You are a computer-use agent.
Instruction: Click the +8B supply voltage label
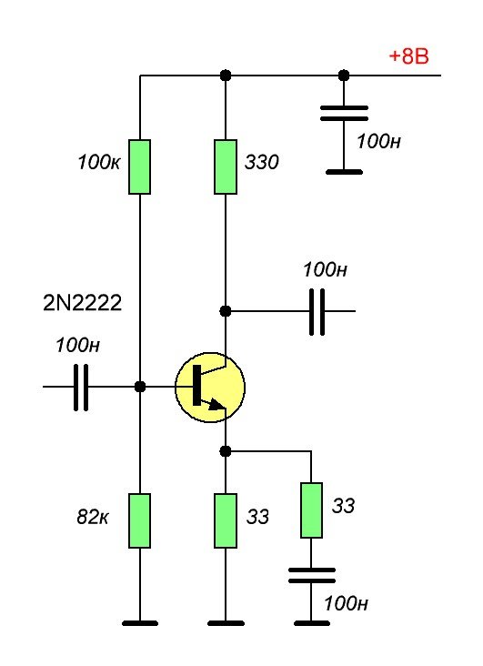pyautogui.click(x=408, y=56)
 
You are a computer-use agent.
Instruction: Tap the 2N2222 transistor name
pyautogui.click(x=83, y=303)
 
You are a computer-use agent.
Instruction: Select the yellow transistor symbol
pyautogui.click(x=210, y=387)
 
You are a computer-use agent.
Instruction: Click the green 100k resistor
pyautogui.click(x=140, y=166)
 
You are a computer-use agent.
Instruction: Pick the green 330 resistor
pyautogui.click(x=226, y=166)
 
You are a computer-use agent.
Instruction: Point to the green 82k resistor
pyautogui.click(x=140, y=520)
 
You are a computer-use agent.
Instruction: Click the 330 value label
pyautogui.click(x=261, y=162)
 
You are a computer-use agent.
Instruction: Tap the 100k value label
pyautogui.click(x=98, y=162)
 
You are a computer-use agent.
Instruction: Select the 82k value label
pyautogui.click(x=93, y=517)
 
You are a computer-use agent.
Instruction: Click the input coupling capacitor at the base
pyautogui.click(x=81, y=387)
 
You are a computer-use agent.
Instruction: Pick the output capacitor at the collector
pyautogui.click(x=317, y=312)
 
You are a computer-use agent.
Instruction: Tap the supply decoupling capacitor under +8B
pyautogui.click(x=344, y=114)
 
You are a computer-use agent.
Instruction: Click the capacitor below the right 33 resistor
pyautogui.click(x=312, y=576)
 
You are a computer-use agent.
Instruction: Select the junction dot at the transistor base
pyautogui.click(x=140, y=387)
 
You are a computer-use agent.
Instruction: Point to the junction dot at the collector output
pyautogui.click(x=226, y=311)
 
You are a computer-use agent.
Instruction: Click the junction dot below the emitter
pyautogui.click(x=226, y=451)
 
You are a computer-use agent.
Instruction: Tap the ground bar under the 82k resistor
pyautogui.click(x=140, y=623)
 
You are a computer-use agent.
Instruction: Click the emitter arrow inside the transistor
pyautogui.click(x=216, y=404)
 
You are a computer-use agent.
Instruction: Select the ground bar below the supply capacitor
pyautogui.click(x=344, y=172)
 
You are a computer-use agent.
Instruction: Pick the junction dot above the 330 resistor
pyautogui.click(x=226, y=76)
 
